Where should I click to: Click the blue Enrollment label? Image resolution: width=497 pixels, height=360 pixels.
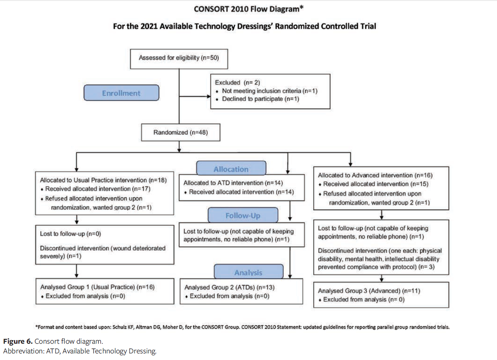coord(121,93)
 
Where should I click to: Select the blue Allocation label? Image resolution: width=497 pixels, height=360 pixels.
coord(231,169)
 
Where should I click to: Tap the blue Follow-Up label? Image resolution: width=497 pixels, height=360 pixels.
coord(243,216)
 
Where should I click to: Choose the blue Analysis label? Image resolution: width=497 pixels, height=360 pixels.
coord(248,273)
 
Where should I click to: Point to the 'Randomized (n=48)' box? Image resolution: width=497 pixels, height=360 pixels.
coord(181,132)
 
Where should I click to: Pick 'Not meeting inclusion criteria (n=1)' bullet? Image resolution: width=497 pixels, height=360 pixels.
coord(270,91)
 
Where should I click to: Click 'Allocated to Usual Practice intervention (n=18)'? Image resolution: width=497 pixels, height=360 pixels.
coord(103,180)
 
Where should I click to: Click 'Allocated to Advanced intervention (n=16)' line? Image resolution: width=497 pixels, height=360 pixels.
coord(375,175)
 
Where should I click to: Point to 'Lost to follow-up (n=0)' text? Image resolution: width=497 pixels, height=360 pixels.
coord(66,234)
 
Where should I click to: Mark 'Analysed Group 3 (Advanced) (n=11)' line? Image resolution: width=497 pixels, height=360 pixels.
coord(369,291)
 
